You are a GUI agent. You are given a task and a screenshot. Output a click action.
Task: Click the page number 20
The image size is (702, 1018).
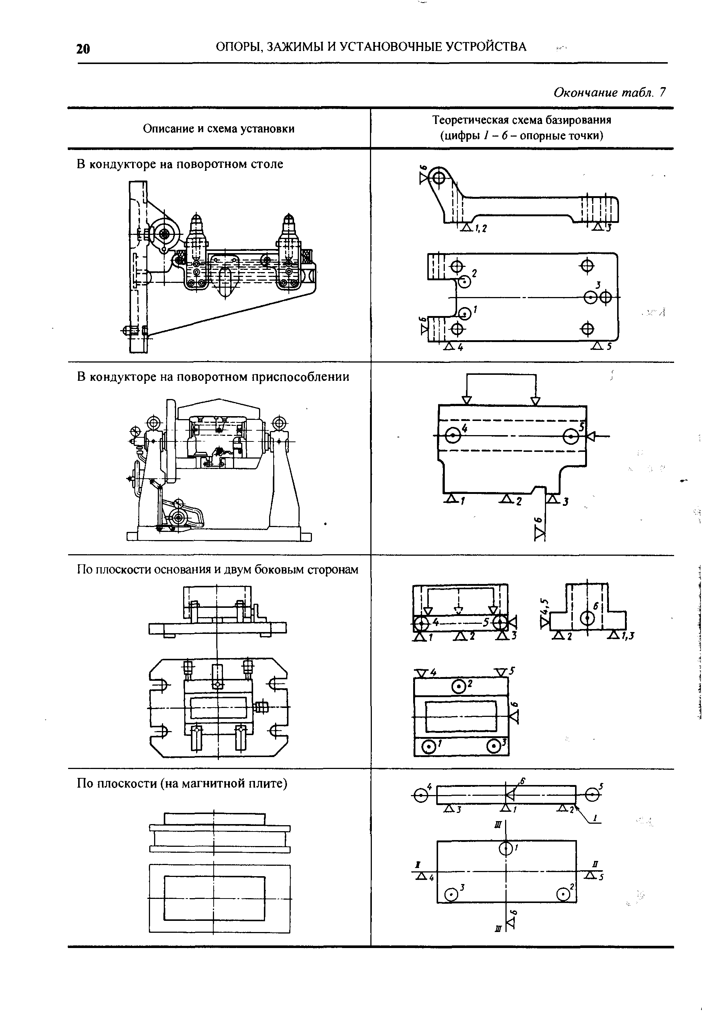pos(83,48)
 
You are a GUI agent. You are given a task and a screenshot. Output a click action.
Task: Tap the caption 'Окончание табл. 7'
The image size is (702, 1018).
pos(610,92)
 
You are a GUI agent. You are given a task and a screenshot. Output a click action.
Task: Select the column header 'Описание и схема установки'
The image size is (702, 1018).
pos(218,129)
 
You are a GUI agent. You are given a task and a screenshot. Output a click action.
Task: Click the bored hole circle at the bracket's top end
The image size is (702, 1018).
pos(438,178)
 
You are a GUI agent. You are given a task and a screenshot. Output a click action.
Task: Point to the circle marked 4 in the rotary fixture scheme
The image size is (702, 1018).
pos(453,436)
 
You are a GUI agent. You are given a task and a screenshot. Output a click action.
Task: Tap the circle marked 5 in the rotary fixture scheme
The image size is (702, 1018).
pos(571,437)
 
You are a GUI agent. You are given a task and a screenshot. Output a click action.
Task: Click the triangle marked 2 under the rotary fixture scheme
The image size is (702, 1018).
pos(506,499)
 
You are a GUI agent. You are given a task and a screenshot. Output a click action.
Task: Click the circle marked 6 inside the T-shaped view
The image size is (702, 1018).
pos(588,618)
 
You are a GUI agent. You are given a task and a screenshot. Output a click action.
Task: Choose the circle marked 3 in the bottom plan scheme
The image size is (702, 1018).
pos(450,894)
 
